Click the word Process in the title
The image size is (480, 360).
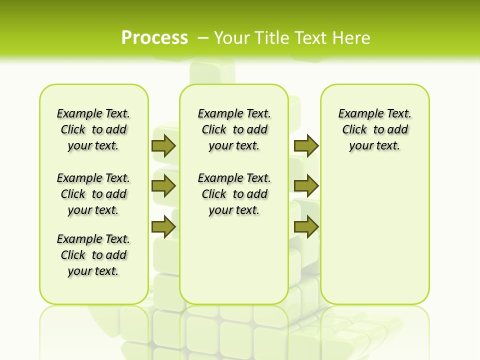pyautogui.click(x=154, y=37)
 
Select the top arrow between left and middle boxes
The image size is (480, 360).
pyautogui.click(x=163, y=146)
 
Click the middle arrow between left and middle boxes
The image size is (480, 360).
pyautogui.click(x=163, y=186)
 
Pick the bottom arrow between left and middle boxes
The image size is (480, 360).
pyautogui.click(x=163, y=227)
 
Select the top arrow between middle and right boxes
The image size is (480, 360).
pyautogui.click(x=306, y=146)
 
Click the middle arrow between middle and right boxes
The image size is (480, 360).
pyautogui.click(x=306, y=186)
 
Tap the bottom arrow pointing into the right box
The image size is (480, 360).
pyautogui.click(x=306, y=227)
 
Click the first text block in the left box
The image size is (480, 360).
pyautogui.click(x=93, y=129)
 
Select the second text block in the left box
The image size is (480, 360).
pyautogui.click(x=93, y=194)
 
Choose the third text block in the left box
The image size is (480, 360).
pyautogui.click(x=93, y=255)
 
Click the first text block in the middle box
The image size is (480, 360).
pyautogui.click(x=234, y=129)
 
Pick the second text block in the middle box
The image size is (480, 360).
pyautogui.click(x=234, y=194)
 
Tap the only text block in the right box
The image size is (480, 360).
pyautogui.click(x=374, y=129)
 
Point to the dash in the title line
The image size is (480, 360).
pyautogui.click(x=203, y=38)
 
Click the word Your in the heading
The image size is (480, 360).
pyautogui.click(x=232, y=38)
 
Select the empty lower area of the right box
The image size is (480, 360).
pyautogui.click(x=374, y=240)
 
